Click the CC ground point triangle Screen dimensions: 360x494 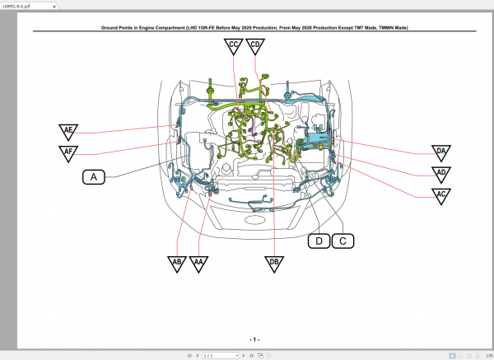[x=234, y=46]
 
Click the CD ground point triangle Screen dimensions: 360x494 [x=256, y=46]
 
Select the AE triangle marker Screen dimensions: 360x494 [x=68, y=132]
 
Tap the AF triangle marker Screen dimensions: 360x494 [x=68, y=152]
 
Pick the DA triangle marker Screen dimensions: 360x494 [x=441, y=152]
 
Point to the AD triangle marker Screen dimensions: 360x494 [x=441, y=174]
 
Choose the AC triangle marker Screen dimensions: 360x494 [x=441, y=195]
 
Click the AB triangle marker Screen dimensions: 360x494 [x=176, y=263]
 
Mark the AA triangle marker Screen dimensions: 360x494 [x=198, y=263]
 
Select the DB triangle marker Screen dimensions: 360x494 [x=273, y=263]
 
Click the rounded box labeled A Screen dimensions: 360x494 [x=94, y=176]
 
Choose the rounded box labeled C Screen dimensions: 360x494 [x=343, y=241]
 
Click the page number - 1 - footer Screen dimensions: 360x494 [x=254, y=339]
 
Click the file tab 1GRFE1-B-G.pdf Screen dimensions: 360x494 [x=19, y=4]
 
